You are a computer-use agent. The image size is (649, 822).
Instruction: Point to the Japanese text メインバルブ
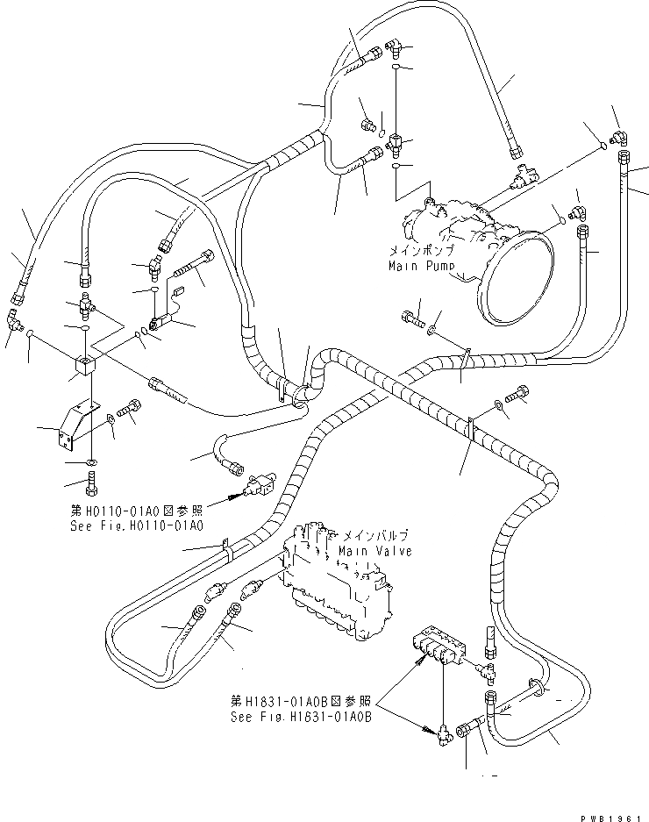coord(376,535)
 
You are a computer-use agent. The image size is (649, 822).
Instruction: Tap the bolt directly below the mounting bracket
coord(93,480)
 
